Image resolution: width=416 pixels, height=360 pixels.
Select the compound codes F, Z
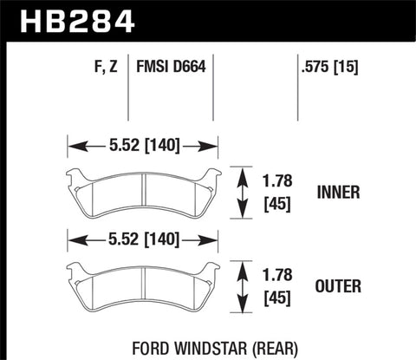[103, 65]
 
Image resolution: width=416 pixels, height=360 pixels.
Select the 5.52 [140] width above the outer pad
[142, 237]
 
